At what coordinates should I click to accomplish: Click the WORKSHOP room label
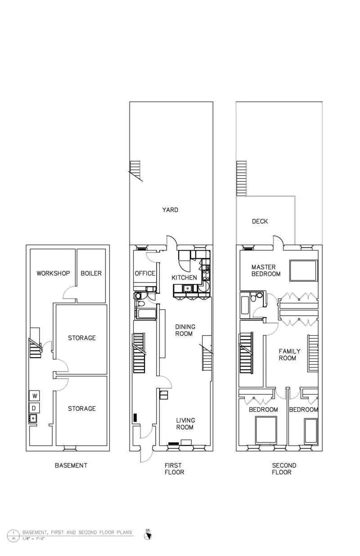tap(53, 273)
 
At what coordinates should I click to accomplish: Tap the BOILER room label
tap(91, 273)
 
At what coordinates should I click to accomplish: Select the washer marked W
tap(34, 396)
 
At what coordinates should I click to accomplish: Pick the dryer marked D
tap(34, 408)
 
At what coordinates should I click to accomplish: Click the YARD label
tap(170, 210)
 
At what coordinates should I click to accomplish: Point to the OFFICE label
tap(145, 274)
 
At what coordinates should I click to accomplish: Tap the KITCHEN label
tap(184, 278)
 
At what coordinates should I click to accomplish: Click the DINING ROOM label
tap(184, 330)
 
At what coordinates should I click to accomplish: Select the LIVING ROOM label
tap(184, 424)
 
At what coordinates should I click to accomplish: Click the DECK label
tap(260, 221)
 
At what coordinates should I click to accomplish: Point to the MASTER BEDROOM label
tap(265, 270)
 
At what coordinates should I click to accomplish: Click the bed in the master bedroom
tap(303, 270)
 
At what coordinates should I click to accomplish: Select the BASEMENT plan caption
tap(71, 465)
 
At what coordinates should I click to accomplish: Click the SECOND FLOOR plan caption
tap(284, 468)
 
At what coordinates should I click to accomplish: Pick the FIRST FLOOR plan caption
tap(174, 468)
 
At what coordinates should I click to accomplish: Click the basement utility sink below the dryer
tap(32, 419)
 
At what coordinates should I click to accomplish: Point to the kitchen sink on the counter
tap(187, 289)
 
